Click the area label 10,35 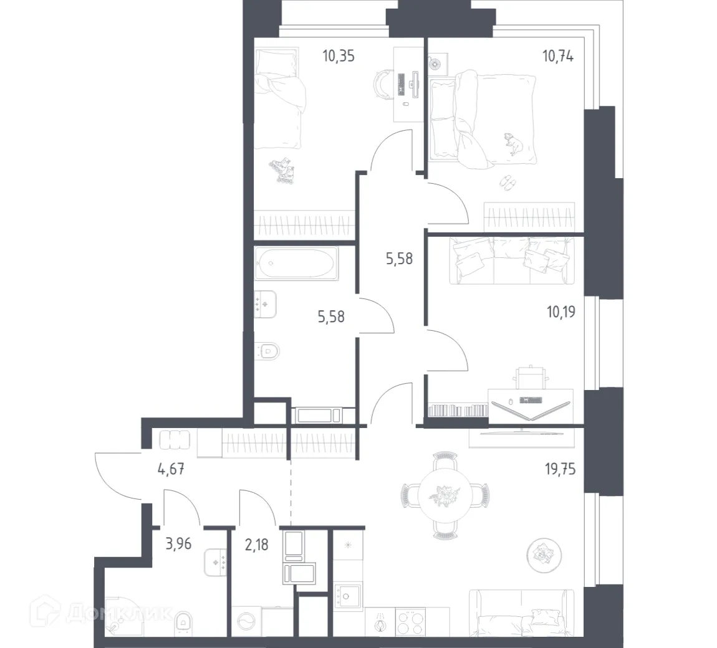339,56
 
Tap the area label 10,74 558,56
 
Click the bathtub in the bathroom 296,264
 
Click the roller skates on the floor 283,170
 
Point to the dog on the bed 514,143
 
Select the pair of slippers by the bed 508,183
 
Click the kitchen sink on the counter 347,597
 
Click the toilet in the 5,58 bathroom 268,352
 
